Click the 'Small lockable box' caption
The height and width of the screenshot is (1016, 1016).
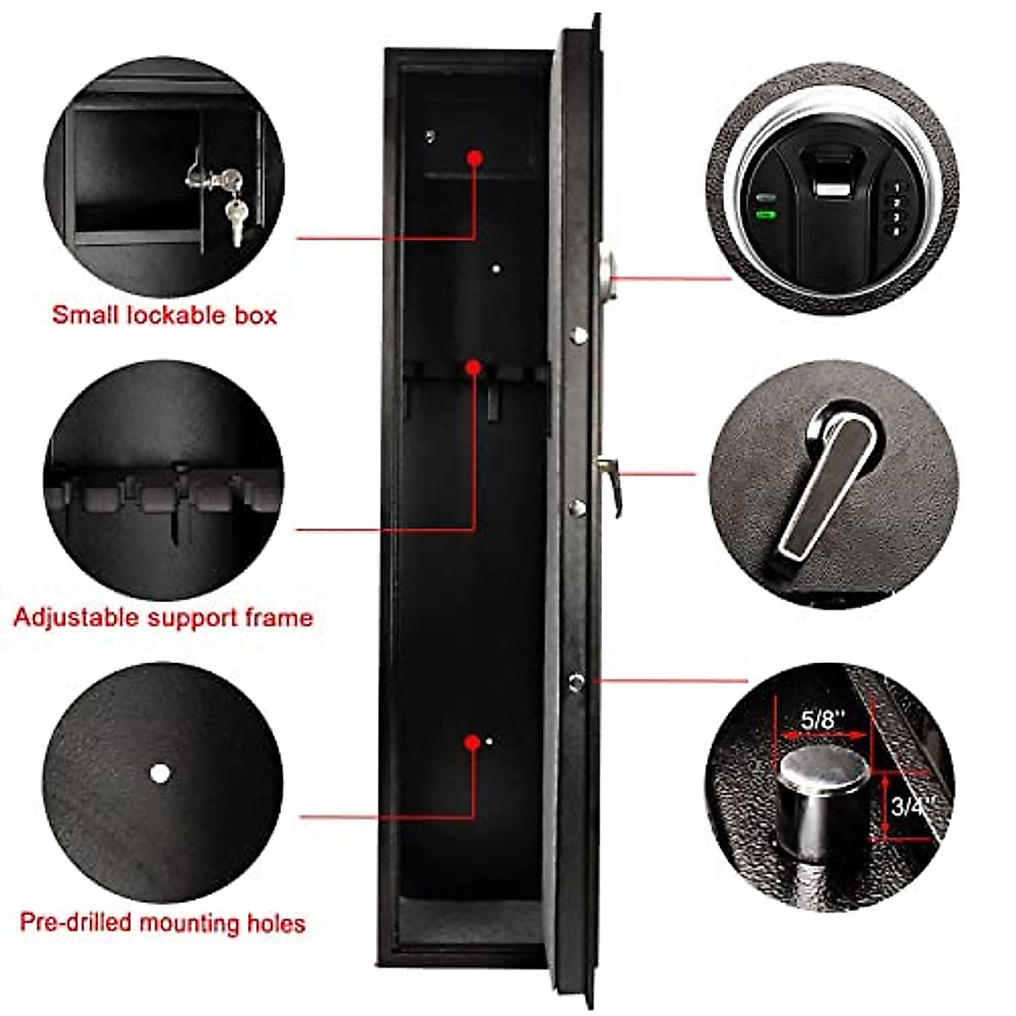click(x=164, y=315)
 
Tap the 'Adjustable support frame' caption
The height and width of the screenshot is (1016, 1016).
click(x=163, y=617)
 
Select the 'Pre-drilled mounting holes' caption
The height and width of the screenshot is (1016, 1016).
click(x=163, y=922)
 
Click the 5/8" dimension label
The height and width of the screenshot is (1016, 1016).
click(x=823, y=720)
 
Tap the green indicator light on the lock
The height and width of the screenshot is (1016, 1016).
click(x=766, y=214)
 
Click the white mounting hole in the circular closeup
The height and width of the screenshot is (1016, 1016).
click(x=158, y=773)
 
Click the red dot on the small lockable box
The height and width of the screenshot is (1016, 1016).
click(x=474, y=157)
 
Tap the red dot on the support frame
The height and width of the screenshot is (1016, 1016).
click(x=474, y=367)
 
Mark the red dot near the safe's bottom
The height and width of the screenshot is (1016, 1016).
click(x=472, y=743)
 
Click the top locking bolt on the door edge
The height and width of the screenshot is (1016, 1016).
click(x=579, y=335)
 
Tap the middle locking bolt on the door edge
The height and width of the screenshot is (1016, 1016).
click(x=578, y=508)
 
